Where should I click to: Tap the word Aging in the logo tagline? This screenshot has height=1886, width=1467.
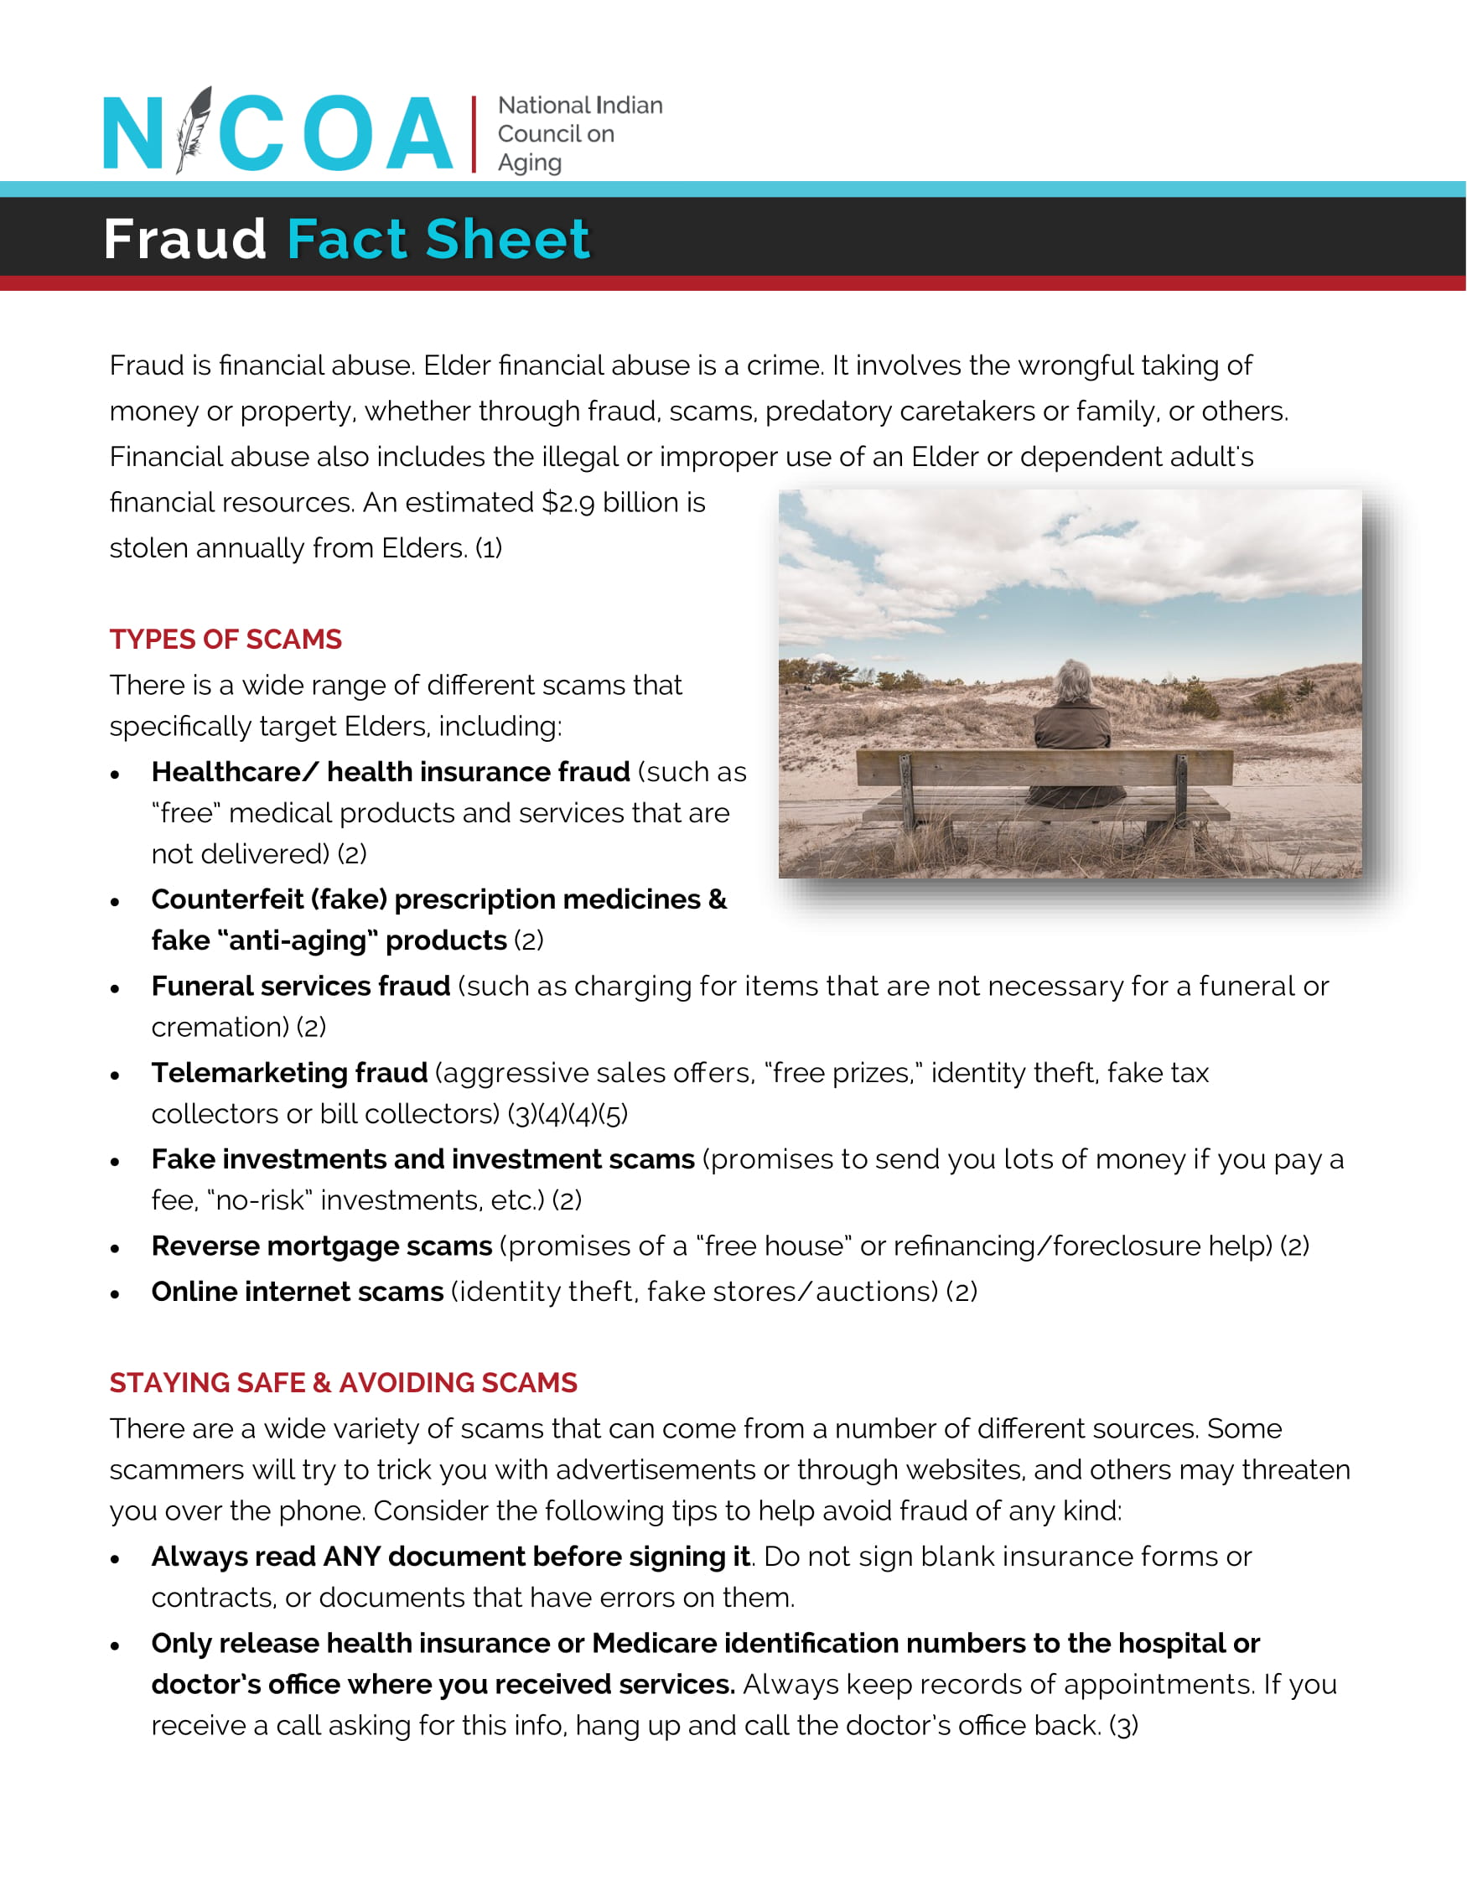529,163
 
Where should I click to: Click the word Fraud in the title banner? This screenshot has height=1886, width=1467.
184,239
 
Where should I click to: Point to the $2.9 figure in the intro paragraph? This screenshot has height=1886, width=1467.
569,503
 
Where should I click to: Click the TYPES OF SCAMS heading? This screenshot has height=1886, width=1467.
225,639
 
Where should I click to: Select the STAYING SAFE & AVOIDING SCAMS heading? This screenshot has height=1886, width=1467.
343,1382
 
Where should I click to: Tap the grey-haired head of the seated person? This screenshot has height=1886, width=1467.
1073,681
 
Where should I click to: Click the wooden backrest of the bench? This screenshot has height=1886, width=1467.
1045,768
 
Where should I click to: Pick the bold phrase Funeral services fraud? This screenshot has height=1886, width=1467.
300,987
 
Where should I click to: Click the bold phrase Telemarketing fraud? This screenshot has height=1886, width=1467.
289,1073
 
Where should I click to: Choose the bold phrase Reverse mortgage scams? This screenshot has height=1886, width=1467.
321,1246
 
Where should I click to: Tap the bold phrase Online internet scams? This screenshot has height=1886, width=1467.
297,1292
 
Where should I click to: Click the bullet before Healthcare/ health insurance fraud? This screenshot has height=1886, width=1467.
115,775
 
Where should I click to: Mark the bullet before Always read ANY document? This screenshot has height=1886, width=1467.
115,1560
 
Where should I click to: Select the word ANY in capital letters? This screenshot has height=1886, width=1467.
351,1557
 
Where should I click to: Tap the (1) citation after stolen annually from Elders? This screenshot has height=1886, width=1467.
489,548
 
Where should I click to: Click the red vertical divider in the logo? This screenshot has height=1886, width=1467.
474,134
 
